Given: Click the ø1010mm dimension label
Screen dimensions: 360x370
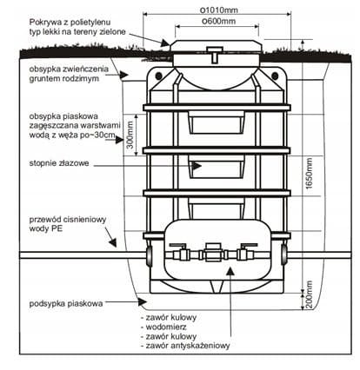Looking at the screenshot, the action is tap(220, 10).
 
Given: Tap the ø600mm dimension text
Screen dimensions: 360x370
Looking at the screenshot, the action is tap(219, 21).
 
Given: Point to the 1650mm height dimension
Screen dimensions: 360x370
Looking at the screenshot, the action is tap(310, 174).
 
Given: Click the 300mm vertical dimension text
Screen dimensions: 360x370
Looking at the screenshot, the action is tap(130, 135).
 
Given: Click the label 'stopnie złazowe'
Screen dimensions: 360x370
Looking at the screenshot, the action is tap(59, 163).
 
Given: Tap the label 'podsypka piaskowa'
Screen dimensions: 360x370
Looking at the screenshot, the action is tap(66, 303).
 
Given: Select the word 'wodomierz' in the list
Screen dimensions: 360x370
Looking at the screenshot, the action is tap(166, 327).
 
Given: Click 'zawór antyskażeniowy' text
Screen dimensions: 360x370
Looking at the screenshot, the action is tap(188, 346).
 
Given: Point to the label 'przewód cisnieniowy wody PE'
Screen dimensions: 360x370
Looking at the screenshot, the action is tap(68, 224).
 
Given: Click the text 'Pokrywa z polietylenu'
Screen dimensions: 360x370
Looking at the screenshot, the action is tap(70, 22).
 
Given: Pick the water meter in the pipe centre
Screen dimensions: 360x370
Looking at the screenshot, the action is tap(214, 253).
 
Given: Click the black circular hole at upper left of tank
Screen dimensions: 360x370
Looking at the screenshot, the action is tap(158, 76).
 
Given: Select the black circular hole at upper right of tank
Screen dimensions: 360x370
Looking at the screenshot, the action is tap(275, 76).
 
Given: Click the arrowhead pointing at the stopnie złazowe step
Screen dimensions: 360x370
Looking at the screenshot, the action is tap(197, 166).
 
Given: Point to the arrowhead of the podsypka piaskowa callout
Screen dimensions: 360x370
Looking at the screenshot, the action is tap(143, 302).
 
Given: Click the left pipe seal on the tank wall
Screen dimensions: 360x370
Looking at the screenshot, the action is tap(149, 255).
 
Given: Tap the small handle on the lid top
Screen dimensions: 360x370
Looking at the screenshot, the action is tap(214, 55).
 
